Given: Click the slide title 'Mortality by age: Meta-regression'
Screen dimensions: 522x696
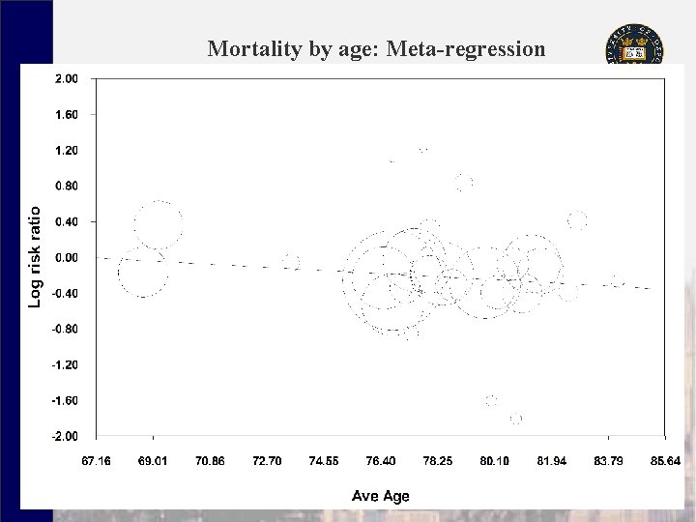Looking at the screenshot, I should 376,48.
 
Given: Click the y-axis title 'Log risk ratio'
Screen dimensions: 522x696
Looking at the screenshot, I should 35,257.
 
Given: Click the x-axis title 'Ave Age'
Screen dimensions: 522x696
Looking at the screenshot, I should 381,496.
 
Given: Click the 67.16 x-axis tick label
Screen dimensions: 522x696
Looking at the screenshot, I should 96,461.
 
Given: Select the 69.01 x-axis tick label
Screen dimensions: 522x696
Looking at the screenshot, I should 153,461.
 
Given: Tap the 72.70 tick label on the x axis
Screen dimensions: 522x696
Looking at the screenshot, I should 267,461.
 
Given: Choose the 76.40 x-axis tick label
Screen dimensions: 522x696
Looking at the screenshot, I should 381,461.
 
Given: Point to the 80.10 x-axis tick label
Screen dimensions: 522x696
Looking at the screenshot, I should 495,461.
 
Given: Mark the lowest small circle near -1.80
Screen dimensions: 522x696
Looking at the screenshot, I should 516,419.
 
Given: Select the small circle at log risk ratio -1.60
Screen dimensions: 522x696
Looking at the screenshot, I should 491,400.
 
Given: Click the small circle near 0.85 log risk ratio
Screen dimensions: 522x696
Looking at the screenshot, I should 464,182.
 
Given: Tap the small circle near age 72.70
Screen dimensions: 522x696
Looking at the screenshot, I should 291,262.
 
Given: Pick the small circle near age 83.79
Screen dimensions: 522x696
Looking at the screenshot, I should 618,281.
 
